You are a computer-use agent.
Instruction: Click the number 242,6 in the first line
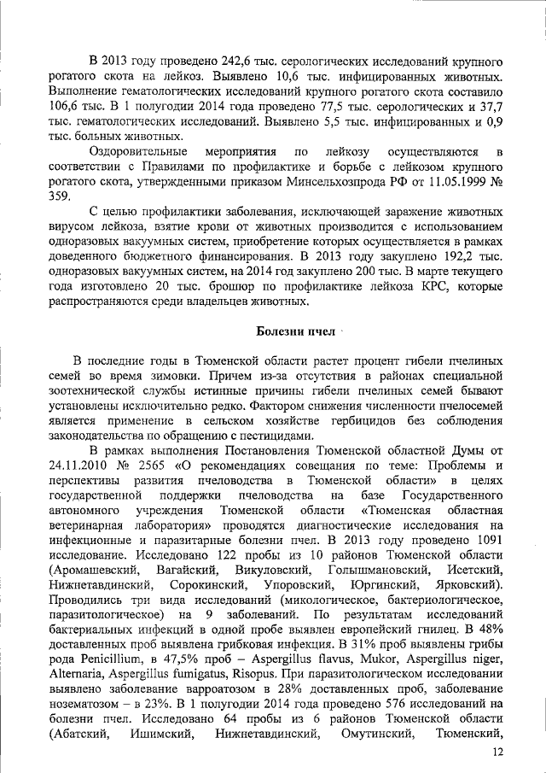214,62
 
